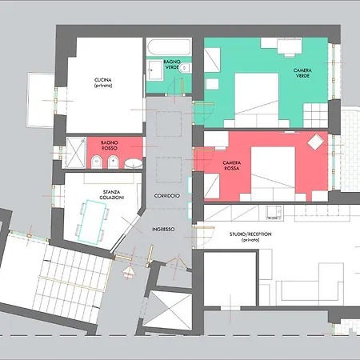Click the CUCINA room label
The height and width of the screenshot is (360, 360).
(102, 82)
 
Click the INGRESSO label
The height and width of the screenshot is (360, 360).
(165, 230)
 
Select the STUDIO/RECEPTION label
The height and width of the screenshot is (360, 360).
(248, 237)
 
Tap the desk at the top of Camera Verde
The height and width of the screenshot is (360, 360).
(288, 47)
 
